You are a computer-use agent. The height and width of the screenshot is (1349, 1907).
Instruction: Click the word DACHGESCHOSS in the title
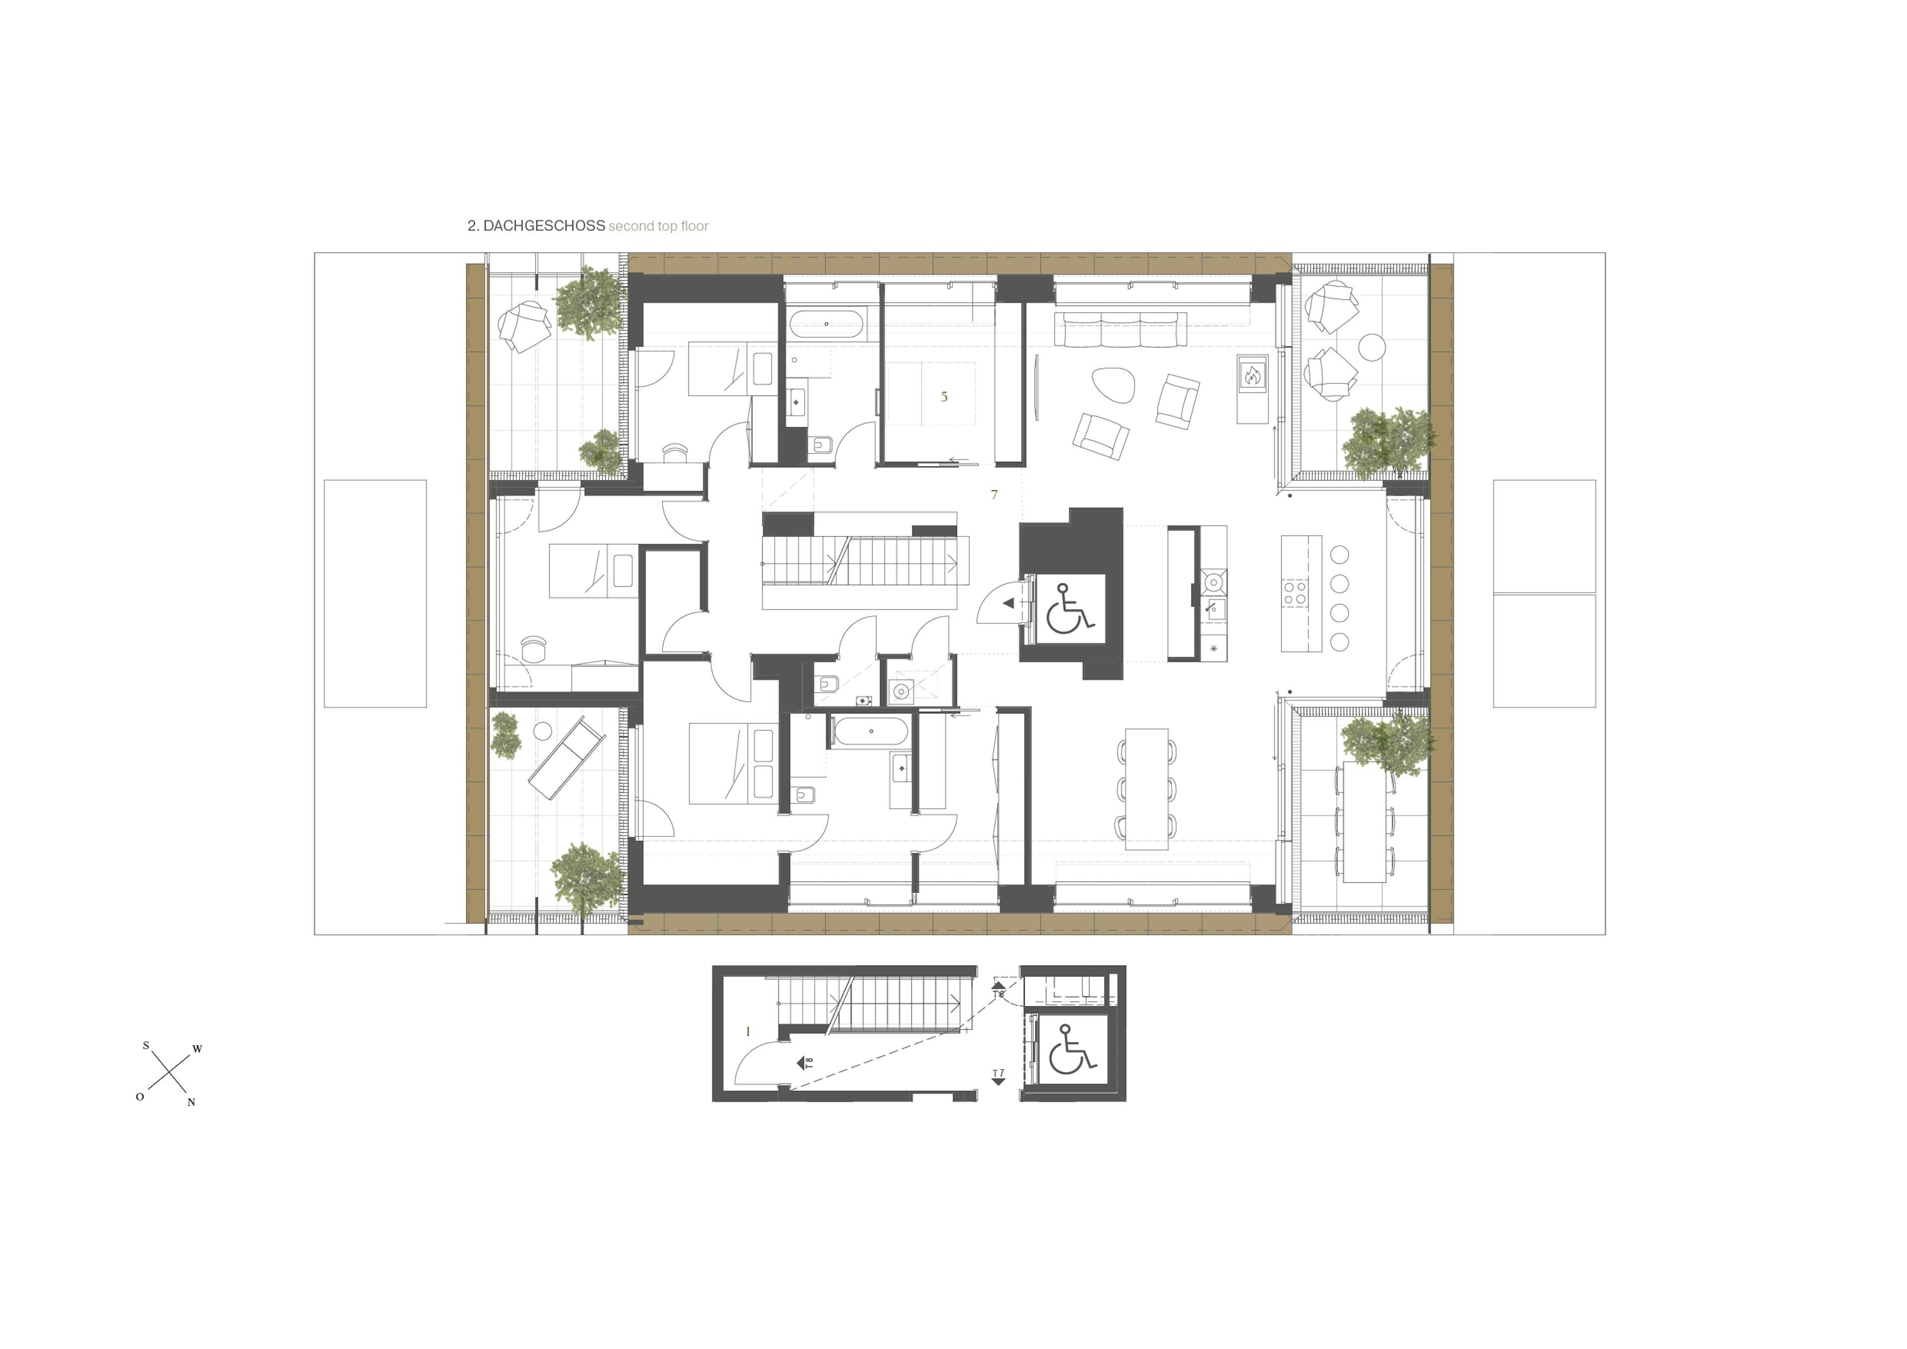(x=544, y=226)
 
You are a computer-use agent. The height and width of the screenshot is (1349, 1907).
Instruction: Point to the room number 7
(x=994, y=494)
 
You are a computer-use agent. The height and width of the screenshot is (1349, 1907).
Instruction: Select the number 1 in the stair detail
(x=747, y=1032)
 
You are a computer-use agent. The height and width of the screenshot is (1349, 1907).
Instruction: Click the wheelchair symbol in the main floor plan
(x=1070, y=608)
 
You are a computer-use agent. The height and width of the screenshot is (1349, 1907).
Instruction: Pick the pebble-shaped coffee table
(x=1113, y=384)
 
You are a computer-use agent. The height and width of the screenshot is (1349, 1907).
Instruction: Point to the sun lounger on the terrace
(x=567, y=759)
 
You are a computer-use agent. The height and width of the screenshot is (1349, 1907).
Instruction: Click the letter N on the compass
(x=191, y=1102)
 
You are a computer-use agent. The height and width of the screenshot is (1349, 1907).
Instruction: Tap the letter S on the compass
(x=146, y=1045)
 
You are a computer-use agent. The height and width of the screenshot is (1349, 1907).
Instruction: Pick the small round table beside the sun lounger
(x=542, y=732)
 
